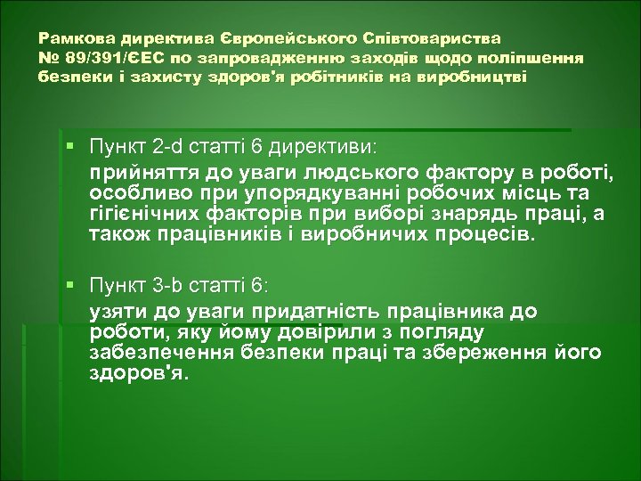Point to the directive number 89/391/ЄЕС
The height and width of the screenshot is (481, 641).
click(x=105, y=58)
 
